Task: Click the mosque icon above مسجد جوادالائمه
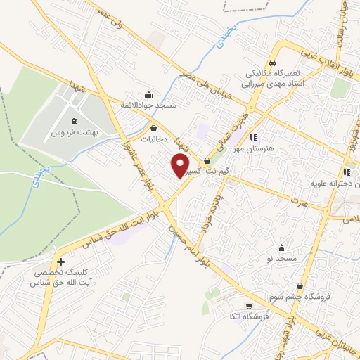[x=148, y=95]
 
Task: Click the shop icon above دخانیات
[x=154, y=128]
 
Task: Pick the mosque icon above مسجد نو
[x=282, y=247]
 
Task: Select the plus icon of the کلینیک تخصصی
[x=62, y=262]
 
